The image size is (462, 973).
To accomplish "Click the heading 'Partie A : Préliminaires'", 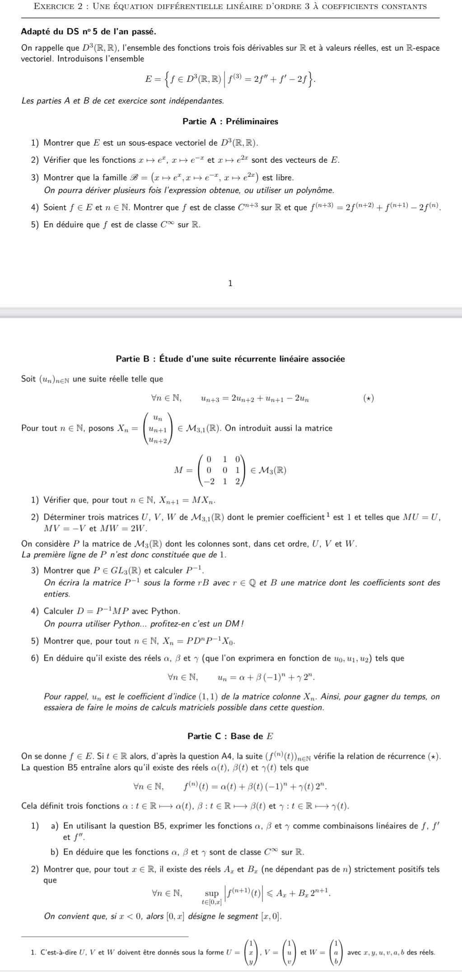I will pos(230,122).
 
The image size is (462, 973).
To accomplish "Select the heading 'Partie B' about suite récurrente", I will pos(230,359).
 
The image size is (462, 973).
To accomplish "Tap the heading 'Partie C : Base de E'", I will pos(230,736).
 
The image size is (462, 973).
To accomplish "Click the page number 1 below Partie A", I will pos(230,283).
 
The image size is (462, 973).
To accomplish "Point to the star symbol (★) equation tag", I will pos(369,398).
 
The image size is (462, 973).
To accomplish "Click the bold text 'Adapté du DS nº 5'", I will pos(89,32).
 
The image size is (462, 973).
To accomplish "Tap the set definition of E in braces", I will pos(230,80).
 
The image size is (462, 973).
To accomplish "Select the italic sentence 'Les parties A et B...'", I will pos(122,100).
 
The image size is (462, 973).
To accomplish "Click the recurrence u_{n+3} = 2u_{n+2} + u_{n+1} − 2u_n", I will pos(255,398).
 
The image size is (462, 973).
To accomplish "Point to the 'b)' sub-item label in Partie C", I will pos(55,852).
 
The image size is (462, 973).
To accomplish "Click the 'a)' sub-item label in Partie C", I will pos(55,826).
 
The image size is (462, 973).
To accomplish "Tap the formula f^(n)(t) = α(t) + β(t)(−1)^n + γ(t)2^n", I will pos(255,787).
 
